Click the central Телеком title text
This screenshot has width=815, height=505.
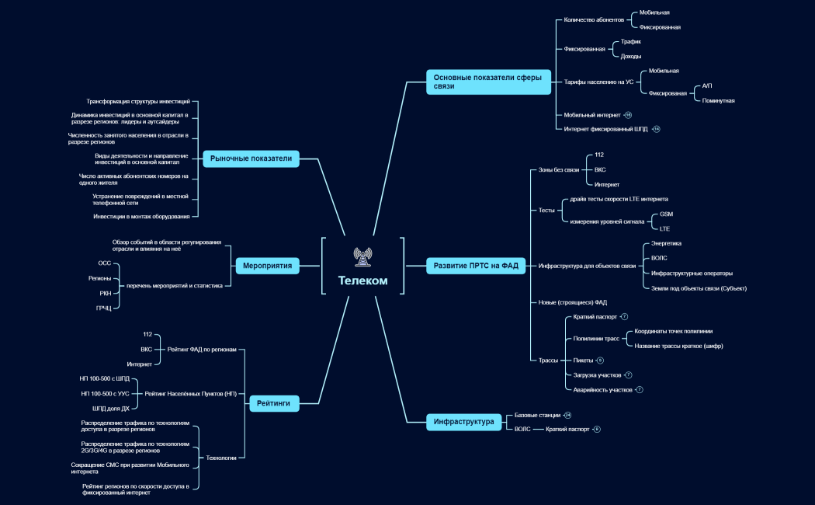coord(362,280)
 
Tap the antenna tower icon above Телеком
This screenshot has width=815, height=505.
coord(362,257)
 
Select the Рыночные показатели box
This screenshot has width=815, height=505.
coord(251,158)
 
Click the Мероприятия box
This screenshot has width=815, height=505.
coord(267,266)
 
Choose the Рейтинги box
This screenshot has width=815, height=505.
coord(274,403)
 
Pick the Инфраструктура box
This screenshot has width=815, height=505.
coord(463,422)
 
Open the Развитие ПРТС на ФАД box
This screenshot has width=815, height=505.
coord(476,266)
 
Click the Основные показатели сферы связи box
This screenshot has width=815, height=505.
coord(488,82)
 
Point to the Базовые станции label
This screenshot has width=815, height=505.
coord(537,415)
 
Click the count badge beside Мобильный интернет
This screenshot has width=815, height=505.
coord(628,115)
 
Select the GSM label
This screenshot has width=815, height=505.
coord(666,214)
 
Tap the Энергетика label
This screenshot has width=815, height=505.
coord(666,243)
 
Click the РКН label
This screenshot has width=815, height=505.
coord(106,294)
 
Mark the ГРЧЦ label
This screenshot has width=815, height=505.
coord(104,308)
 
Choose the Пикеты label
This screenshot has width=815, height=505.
coord(583,360)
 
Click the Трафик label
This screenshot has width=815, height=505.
coord(630,42)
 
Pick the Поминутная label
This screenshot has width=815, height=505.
coord(718,101)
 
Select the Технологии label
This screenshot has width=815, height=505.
coord(221,458)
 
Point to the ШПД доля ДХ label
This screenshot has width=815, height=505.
coord(111,408)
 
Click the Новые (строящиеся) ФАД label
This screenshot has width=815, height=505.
coord(572,302)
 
